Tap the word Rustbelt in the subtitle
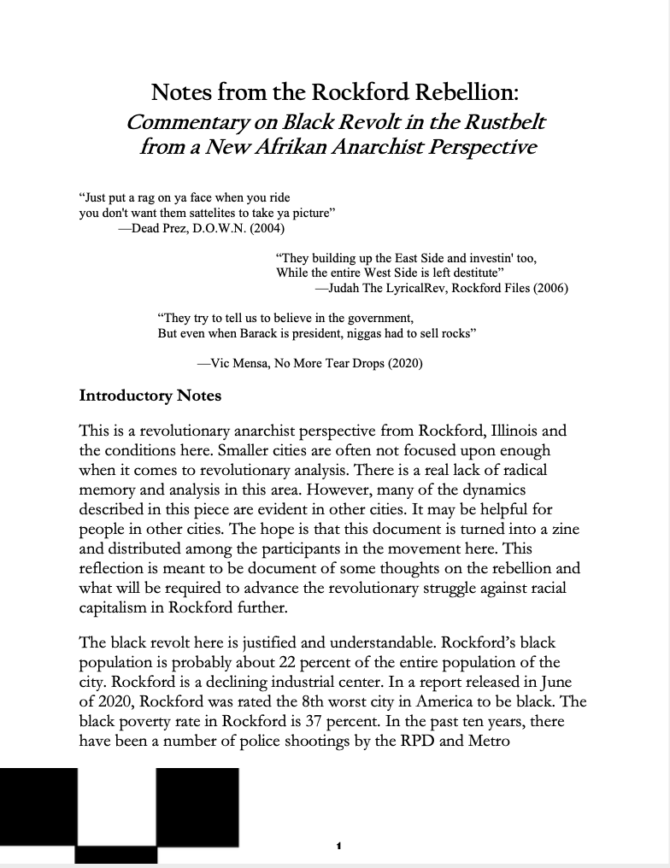click(x=502, y=120)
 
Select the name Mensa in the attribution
click(x=254, y=363)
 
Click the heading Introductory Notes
click(x=150, y=396)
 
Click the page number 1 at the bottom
click(x=339, y=846)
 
